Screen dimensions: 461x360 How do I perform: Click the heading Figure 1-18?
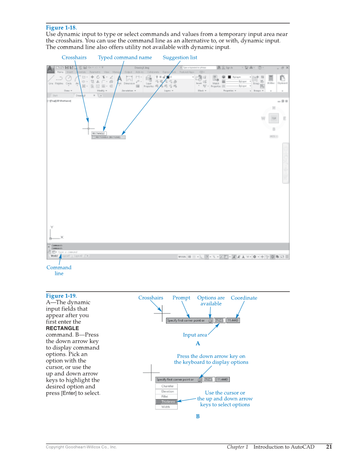click(61, 28)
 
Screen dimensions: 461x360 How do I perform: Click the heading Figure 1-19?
click(61, 296)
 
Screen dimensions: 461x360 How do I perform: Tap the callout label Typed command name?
click(125, 58)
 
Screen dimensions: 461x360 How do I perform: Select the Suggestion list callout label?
click(180, 58)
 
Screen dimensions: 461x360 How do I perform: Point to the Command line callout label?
click(59, 270)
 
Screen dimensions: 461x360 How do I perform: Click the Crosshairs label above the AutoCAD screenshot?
click(74, 58)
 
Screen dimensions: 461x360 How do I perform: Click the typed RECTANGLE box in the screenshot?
click(99, 133)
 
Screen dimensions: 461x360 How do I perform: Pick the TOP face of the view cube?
click(273, 119)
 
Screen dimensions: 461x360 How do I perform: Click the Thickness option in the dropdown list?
click(167, 402)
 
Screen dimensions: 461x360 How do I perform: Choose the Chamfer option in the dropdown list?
click(167, 386)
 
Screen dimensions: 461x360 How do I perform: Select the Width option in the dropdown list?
click(166, 407)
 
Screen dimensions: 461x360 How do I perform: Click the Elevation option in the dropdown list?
click(167, 391)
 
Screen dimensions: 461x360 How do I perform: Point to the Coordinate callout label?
click(244, 298)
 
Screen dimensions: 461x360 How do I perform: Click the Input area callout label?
click(195, 335)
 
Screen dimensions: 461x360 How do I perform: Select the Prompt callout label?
click(181, 298)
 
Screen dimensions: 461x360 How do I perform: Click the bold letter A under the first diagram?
click(198, 344)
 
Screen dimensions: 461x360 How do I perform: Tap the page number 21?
click(329, 447)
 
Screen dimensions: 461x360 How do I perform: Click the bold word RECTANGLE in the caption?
click(62, 328)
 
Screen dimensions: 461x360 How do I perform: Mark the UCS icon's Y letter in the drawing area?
click(52, 228)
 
